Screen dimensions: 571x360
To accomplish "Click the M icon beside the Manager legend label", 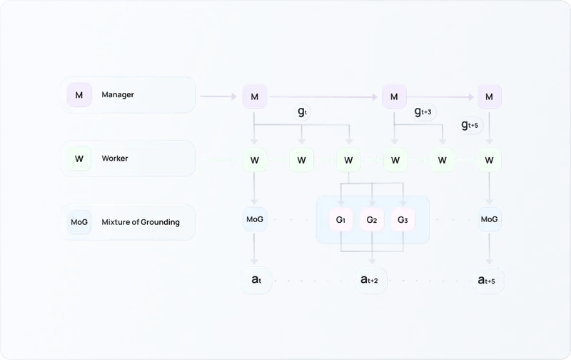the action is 79,95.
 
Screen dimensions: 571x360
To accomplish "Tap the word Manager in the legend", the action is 118,94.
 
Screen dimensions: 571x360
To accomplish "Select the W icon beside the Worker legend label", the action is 79,159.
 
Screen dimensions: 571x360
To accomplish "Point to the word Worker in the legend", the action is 115,158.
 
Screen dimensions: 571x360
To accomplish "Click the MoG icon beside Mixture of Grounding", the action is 79,222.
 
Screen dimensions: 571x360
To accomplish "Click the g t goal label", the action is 303,112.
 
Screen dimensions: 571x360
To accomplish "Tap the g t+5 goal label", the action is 472,126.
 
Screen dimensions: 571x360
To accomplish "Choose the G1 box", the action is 340,219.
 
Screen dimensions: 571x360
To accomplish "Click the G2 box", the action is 371,219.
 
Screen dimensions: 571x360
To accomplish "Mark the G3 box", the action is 403,219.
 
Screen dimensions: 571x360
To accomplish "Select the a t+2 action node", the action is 371,281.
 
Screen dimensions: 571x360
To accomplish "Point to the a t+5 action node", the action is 489,281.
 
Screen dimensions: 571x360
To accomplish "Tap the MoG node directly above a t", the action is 254,219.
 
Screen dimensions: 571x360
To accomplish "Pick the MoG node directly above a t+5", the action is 489,219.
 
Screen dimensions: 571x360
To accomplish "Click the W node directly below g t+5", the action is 489,159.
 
